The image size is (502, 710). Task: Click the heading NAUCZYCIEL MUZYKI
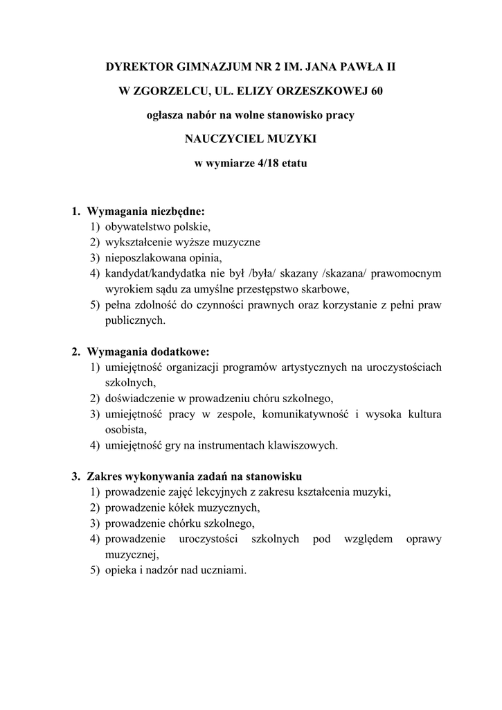[251, 139]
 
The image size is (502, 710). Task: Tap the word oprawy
[424, 539]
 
